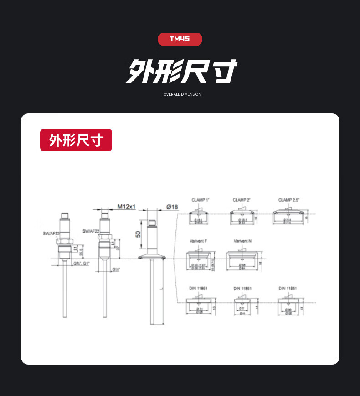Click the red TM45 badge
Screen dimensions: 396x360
click(180, 39)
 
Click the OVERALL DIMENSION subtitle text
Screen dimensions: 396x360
click(182, 94)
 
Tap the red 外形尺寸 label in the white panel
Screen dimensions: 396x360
click(76, 140)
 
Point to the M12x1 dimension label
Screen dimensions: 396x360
click(126, 207)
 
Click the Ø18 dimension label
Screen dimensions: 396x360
click(172, 207)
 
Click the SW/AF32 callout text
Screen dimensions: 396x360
click(51, 234)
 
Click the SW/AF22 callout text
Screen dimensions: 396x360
click(91, 231)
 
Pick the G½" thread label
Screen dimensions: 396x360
click(116, 269)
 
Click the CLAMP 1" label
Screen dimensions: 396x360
click(200, 200)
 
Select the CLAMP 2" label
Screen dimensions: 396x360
click(242, 200)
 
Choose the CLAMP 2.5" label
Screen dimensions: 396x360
click(289, 200)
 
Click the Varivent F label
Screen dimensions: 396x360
click(198, 241)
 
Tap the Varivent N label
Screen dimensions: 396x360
click(242, 241)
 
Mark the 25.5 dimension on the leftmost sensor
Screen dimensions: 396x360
click(81, 251)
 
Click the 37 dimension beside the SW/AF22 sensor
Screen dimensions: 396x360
click(118, 248)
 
